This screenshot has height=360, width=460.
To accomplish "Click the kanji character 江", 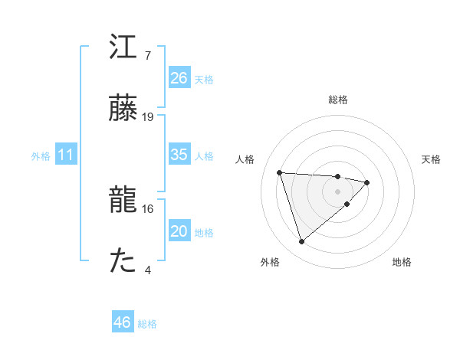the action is click(x=124, y=47).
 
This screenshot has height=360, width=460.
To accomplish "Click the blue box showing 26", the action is click(x=179, y=77).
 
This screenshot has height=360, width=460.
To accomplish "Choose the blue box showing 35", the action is click(x=179, y=155).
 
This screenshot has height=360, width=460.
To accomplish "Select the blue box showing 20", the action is click(x=179, y=231).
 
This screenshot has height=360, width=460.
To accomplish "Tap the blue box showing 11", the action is click(x=65, y=155).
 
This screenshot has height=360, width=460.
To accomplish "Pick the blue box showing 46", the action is click(x=122, y=322).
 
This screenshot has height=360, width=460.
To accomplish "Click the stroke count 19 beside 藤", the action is click(x=148, y=117).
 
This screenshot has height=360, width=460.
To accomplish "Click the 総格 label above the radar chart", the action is click(x=338, y=100).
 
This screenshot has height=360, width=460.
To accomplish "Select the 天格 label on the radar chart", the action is click(x=431, y=159).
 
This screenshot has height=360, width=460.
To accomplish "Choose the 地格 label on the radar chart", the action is click(x=402, y=262).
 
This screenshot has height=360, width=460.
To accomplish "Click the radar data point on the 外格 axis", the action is click(x=301, y=242).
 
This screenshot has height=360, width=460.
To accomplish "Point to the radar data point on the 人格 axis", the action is click(x=280, y=172).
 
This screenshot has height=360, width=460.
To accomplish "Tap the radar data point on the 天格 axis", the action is click(x=367, y=182).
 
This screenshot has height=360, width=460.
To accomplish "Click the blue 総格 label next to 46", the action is click(x=147, y=324).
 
